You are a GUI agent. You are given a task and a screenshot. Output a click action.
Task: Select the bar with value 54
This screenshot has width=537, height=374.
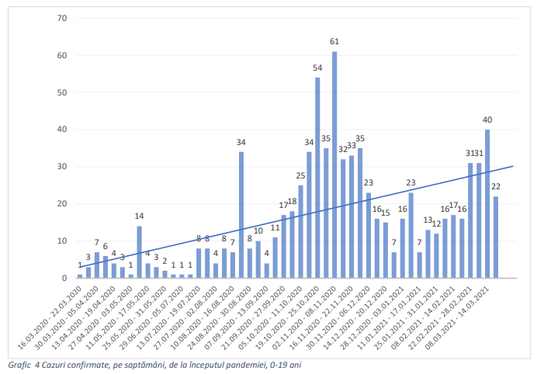coord(317,178)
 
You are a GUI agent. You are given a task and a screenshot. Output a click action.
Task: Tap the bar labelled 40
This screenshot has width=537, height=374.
coord(487,203)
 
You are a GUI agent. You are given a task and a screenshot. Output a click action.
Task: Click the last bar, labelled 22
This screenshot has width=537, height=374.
coord(496,237)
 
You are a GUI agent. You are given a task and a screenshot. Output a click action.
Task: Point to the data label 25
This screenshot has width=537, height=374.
coord(300,176)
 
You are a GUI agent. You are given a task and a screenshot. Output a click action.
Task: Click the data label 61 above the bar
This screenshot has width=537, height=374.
coord(334,41)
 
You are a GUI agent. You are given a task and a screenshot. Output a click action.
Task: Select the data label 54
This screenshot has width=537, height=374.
coord(317,68)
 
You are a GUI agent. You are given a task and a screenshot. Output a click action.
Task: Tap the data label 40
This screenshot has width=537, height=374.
coord(487,119)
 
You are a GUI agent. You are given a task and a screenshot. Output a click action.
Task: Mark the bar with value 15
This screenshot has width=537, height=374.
coord(386,250)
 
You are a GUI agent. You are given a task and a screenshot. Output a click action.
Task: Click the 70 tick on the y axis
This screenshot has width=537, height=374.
coord(62,18)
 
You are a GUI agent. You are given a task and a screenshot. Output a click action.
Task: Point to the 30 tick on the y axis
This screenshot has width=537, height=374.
coord(62,166)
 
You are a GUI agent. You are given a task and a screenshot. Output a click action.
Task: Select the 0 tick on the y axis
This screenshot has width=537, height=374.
coord(64,278)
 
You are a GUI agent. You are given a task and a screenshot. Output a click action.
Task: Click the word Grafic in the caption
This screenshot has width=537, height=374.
coord(16,364)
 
